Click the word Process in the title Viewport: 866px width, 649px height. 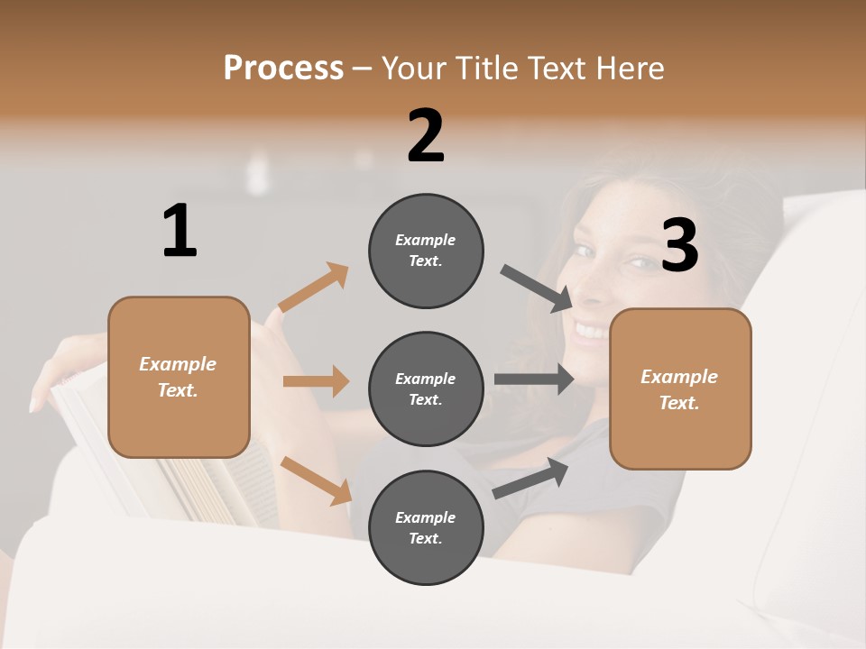[x=283, y=68]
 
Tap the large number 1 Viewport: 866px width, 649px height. [x=180, y=232]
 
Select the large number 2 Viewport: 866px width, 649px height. [x=426, y=136]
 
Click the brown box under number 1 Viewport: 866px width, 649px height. [x=179, y=377]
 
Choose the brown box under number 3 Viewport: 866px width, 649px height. [x=680, y=388]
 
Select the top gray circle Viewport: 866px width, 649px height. [x=426, y=251]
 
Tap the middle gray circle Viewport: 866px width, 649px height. [x=426, y=388]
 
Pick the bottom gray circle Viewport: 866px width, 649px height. [x=426, y=527]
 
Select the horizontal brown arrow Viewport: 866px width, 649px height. [x=316, y=381]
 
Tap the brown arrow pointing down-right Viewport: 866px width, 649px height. [x=317, y=480]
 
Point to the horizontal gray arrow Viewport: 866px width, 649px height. [x=533, y=379]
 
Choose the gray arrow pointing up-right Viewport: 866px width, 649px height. [x=531, y=478]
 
